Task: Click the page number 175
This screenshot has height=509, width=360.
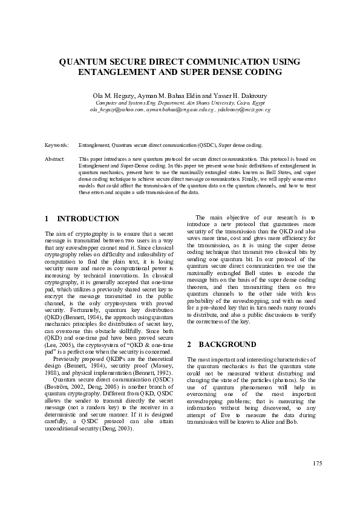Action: click(x=317, y=463)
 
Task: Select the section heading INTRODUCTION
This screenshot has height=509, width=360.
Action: click(x=88, y=219)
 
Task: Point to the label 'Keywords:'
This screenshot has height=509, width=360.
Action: click(x=57, y=146)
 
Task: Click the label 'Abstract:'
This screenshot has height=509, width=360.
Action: click(x=55, y=158)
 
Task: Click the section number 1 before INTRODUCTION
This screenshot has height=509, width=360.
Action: click(x=47, y=219)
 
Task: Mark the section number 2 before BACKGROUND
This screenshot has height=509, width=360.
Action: click(x=189, y=345)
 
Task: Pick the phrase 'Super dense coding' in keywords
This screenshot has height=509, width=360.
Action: click(x=240, y=146)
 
